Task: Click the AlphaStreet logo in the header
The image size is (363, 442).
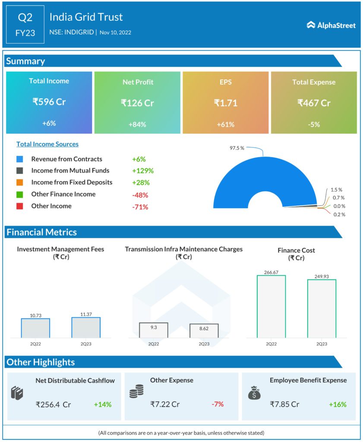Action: pos(331,25)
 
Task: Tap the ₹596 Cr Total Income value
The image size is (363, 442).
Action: pos(49,102)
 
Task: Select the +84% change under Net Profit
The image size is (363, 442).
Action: pos(137,124)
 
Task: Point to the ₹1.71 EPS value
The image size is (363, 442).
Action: pos(226,103)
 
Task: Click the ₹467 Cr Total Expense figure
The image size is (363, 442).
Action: pos(314,103)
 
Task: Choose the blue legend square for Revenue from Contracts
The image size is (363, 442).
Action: pos(19,159)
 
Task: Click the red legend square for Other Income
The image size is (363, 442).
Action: pos(19,206)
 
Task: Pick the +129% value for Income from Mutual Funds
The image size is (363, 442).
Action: pos(143,171)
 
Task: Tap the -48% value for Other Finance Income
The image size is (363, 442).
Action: pos(140,195)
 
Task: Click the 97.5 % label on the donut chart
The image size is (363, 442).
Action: pos(237,148)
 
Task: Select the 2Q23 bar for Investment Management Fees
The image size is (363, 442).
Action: pos(86,328)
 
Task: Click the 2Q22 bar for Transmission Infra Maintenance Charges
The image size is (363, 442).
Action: pos(153,330)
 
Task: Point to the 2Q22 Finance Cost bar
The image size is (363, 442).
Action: pos(271,306)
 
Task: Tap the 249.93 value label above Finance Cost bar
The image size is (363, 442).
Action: pos(322,275)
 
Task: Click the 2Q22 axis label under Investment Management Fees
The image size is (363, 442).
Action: pos(35,344)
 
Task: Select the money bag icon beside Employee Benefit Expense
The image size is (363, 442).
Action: pos(253,392)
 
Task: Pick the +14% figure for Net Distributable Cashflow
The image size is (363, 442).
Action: pos(103,404)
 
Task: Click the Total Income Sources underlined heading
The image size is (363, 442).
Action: pos(47,144)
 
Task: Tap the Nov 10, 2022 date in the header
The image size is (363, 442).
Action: pos(115,32)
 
